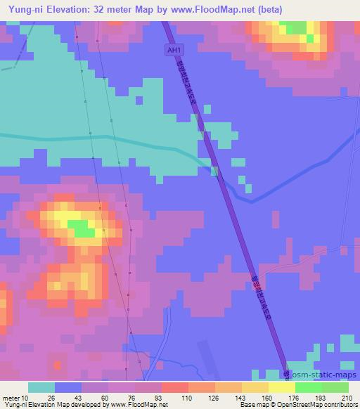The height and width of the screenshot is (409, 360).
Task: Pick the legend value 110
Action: click(187, 398)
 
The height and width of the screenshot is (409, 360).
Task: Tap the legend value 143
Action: click(240, 398)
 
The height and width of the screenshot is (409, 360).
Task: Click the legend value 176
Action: click(294, 398)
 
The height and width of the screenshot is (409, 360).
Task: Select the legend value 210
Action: click(347, 398)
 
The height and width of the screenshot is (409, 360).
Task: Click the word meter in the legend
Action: click(12, 398)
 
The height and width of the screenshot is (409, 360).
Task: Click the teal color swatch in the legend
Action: click(41, 387)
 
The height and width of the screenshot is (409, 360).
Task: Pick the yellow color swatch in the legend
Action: click(281, 387)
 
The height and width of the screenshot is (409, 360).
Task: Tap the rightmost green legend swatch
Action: click(335, 387)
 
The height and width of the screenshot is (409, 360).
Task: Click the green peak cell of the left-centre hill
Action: click(82, 229)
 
